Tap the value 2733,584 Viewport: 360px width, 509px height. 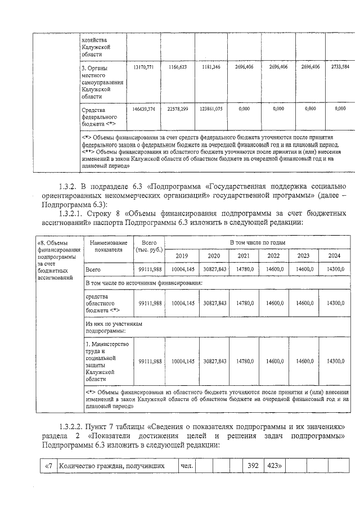click(340, 67)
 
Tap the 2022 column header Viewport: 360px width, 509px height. click(274, 256)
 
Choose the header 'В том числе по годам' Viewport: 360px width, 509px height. click(258, 242)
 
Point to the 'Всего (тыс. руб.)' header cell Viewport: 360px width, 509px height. click(149, 246)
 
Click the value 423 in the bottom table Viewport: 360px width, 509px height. click(273, 466)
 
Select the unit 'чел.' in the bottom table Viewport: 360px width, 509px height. click(186, 466)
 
